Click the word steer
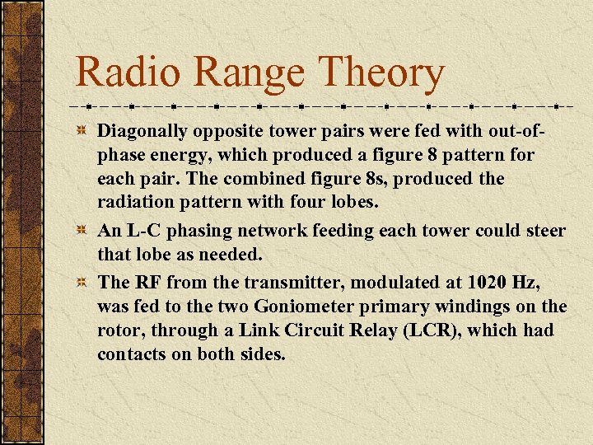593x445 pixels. pyautogui.click(x=543, y=231)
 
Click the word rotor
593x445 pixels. pyautogui.click(x=119, y=330)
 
